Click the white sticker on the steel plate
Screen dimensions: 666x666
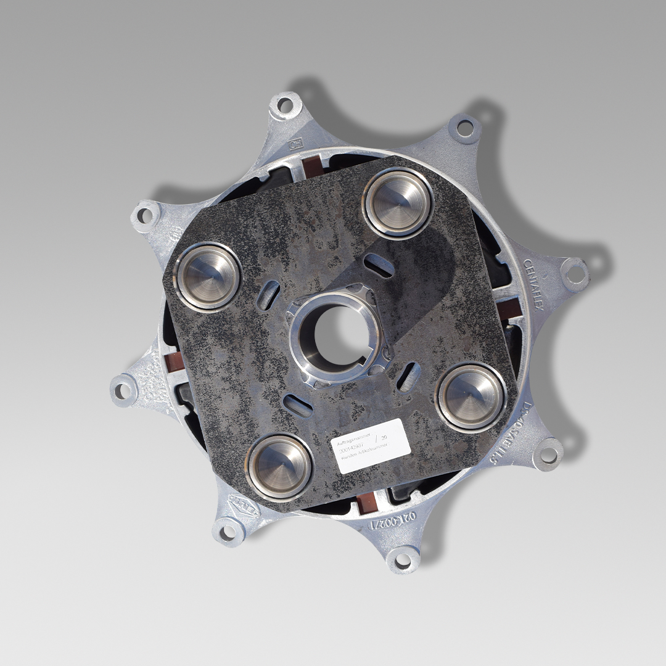(371, 446)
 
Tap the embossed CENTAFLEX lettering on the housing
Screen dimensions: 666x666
(534, 284)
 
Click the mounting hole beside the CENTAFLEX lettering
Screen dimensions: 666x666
(574, 274)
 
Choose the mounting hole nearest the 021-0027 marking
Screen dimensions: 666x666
(403, 559)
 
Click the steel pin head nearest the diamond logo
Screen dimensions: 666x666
(279, 466)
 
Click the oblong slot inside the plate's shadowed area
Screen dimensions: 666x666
(379, 265)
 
